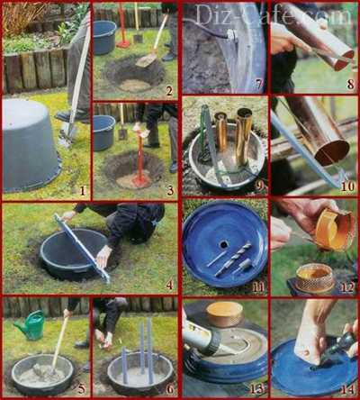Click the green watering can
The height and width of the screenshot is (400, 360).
(x=30, y=325)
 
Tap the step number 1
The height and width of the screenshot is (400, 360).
(x=83, y=190)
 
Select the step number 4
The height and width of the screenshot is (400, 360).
(x=169, y=285)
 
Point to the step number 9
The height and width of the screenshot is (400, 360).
(x=259, y=186)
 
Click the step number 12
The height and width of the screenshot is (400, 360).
(x=347, y=287)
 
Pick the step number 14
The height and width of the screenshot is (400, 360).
(x=347, y=389)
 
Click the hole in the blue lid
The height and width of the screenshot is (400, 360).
(x=223, y=245)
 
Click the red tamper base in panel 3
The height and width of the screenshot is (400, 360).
(x=139, y=178)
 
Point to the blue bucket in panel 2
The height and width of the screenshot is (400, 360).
(x=104, y=38)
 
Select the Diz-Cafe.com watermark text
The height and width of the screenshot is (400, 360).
(x=272, y=14)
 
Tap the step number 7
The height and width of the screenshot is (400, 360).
(x=259, y=85)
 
